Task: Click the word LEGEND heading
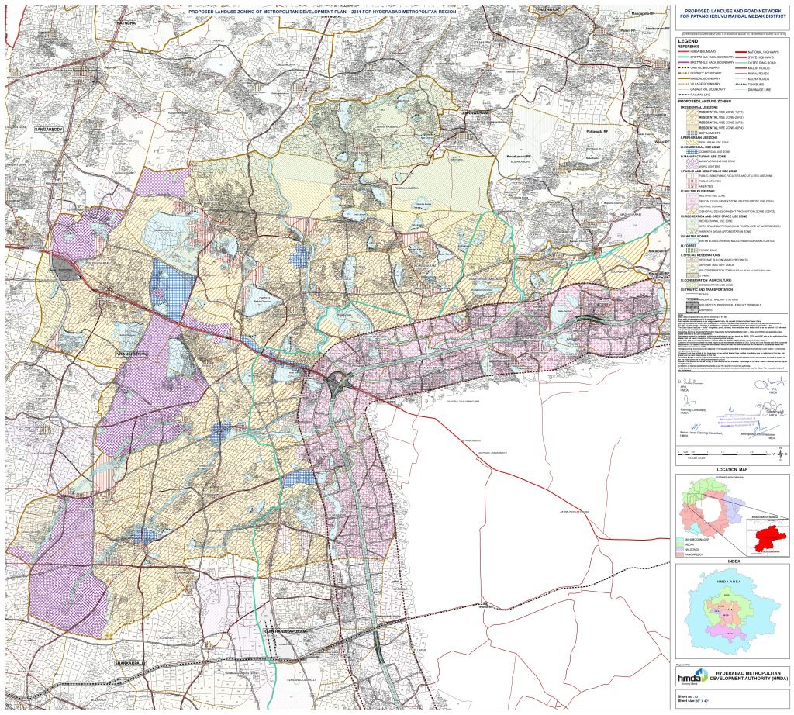(x=689, y=41)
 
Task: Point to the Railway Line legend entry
(x=702, y=95)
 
